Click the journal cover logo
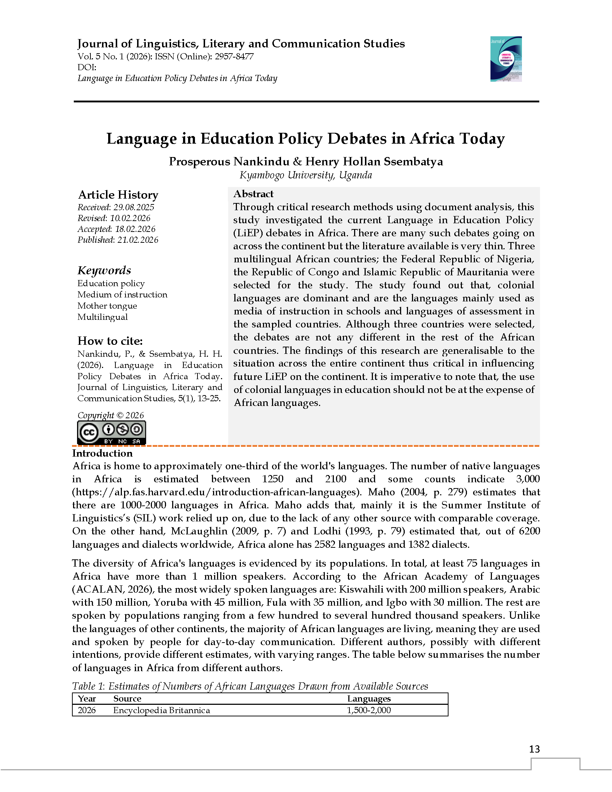point(506,59)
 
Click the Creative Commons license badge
point(111,433)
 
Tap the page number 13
point(534,749)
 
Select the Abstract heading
point(253,194)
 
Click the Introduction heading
point(102,453)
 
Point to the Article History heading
point(118,195)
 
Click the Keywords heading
point(104,270)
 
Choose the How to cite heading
point(110,341)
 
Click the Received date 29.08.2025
point(133,207)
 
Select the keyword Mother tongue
point(107,306)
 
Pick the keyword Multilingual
point(102,317)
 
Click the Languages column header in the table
point(369,698)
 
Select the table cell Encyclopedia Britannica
point(161,710)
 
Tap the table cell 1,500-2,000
point(369,710)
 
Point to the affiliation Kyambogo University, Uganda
point(306,175)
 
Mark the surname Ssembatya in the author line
point(413,161)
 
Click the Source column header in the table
point(127,698)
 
